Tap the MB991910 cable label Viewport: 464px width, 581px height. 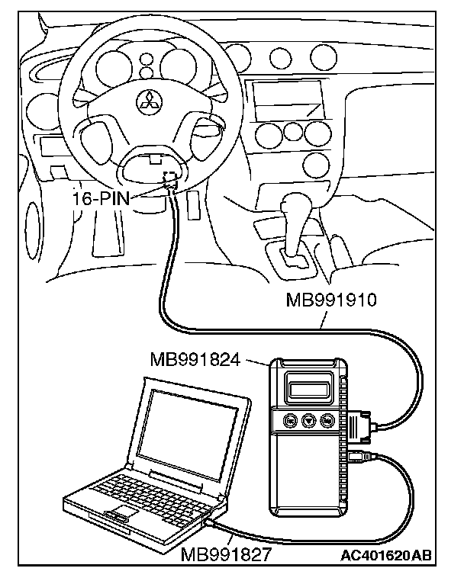331,300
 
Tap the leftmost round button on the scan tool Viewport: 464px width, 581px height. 289,421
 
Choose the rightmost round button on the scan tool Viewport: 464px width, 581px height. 327,420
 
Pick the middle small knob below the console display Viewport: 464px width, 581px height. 292,133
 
